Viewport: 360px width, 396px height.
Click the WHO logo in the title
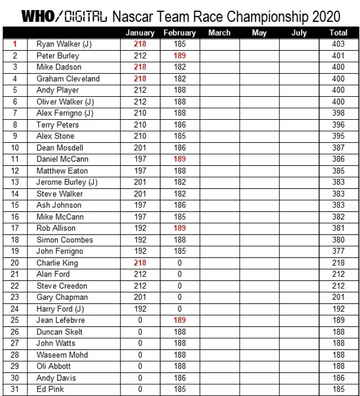pos(38,16)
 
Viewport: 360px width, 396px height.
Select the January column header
pos(140,33)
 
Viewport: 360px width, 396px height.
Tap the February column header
pos(179,33)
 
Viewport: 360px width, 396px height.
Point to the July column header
pos(299,33)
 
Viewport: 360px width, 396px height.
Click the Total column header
pos(338,33)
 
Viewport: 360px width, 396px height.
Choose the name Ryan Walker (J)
pos(65,44)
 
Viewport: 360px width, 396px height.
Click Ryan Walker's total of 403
pos(338,44)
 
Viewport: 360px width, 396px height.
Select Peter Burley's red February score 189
pos(179,56)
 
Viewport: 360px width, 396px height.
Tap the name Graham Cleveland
pos(68,79)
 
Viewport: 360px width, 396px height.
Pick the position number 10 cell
pos(15,147)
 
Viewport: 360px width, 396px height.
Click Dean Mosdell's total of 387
pos(338,147)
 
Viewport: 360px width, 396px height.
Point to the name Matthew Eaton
pos(62,170)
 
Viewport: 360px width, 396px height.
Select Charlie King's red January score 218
pos(140,263)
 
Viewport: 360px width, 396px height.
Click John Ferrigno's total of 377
pos(338,251)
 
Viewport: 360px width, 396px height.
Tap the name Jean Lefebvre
pos(61,320)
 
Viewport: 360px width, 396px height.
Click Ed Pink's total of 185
pos(338,389)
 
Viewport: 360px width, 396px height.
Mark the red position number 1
pos(15,44)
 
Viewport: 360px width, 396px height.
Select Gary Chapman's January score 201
pos(140,297)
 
